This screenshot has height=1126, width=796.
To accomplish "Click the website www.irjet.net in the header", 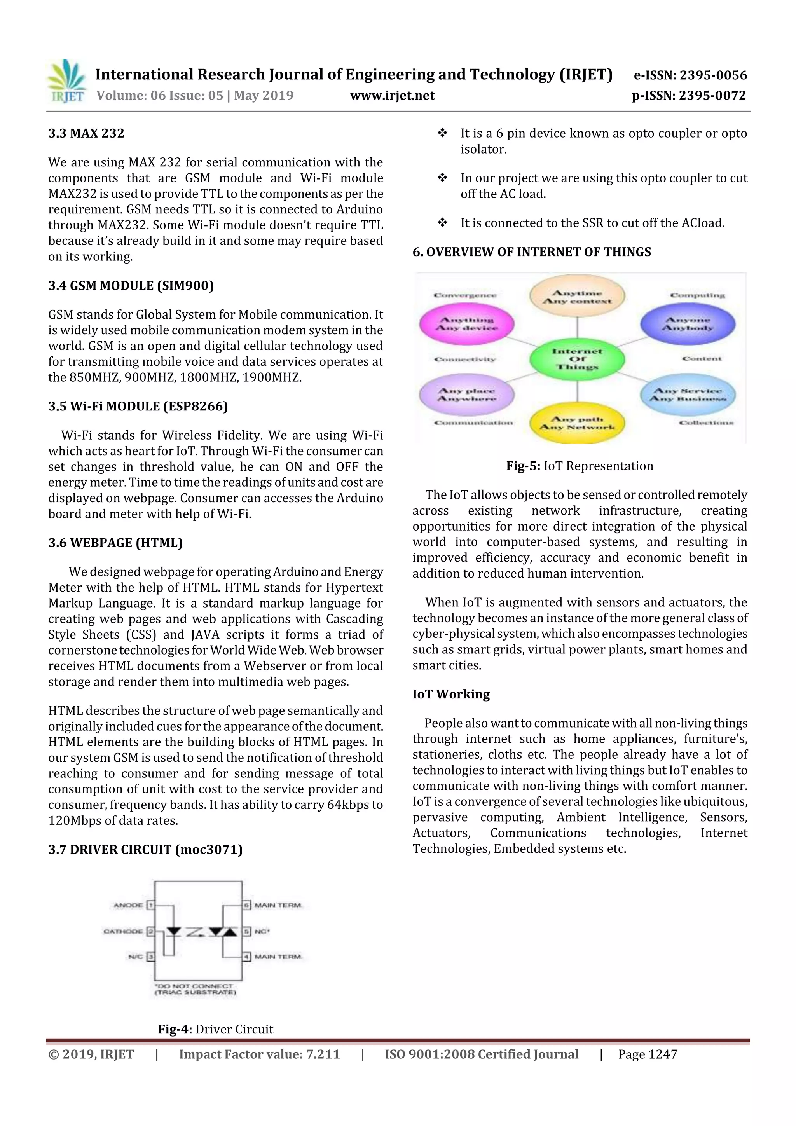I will [x=392, y=95].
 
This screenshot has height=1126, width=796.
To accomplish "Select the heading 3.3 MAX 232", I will [x=86, y=133].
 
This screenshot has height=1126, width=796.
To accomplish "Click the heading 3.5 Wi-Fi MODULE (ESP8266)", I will [x=138, y=406].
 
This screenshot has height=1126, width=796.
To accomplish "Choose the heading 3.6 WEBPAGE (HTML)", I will [x=115, y=543].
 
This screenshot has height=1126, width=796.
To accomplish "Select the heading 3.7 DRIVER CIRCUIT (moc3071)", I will [x=145, y=849].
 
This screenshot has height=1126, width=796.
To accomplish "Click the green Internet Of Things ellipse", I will [x=577, y=359].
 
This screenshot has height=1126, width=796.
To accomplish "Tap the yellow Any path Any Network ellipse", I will [x=577, y=423].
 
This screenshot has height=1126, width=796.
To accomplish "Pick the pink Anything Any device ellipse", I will [x=467, y=324].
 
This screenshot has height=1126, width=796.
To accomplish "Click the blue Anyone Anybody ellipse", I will [x=688, y=324].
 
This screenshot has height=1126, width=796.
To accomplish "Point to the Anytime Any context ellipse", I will [x=577, y=297].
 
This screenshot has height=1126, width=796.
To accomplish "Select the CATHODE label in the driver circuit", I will [x=123, y=931].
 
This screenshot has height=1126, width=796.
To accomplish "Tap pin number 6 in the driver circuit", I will [x=247, y=905].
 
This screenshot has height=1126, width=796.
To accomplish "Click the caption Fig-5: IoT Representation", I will [x=580, y=466].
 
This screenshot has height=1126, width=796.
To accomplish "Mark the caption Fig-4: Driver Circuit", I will [x=215, y=1029].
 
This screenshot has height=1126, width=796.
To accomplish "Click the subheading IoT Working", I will [x=451, y=695].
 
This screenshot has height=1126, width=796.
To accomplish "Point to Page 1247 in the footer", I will [x=648, y=1054].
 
